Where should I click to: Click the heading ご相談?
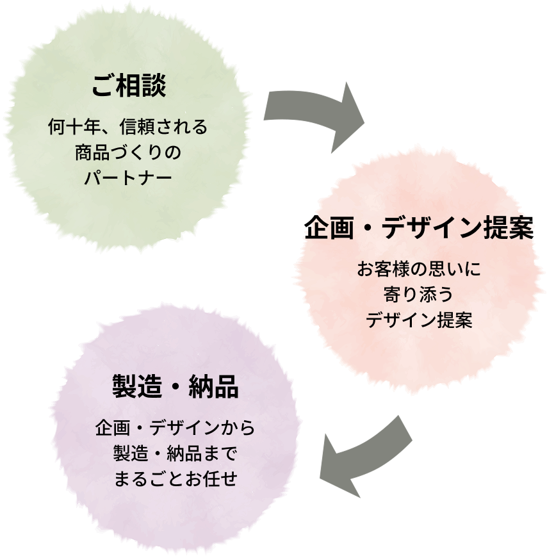point(129,86)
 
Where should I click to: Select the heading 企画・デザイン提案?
point(419,229)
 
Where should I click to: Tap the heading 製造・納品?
point(175,388)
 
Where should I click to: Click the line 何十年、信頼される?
point(129,127)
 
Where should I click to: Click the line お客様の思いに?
point(419,270)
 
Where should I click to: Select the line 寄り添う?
point(419,295)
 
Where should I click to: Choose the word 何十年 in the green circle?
point(72,127)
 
